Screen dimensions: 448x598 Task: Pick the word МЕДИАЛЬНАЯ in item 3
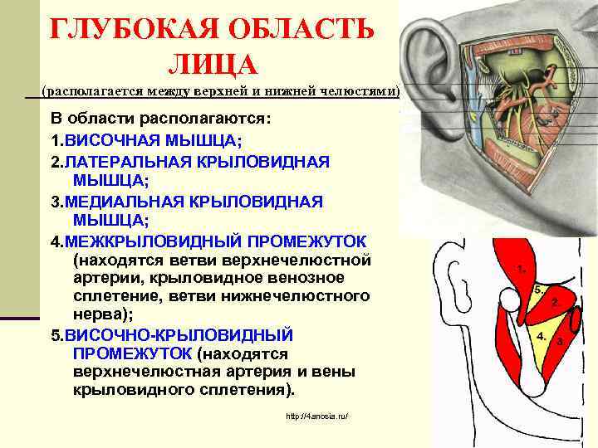(128, 202)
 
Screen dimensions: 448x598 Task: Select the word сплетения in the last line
(244, 390)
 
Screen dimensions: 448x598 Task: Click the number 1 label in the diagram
(520, 269)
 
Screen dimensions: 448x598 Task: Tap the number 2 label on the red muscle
(554, 304)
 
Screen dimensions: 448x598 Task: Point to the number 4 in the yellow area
(541, 337)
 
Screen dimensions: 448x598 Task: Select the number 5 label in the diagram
(538, 290)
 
